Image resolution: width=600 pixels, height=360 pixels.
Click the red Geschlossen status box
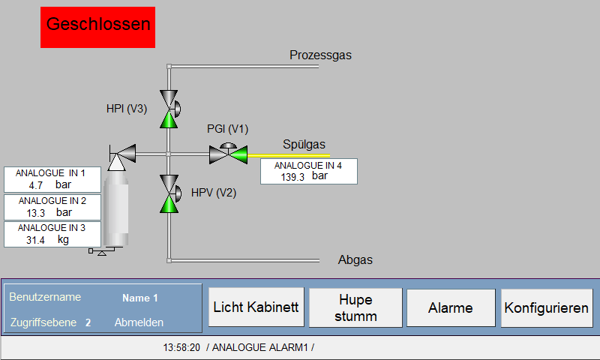click(x=97, y=27)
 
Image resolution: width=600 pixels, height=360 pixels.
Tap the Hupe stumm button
click(x=355, y=307)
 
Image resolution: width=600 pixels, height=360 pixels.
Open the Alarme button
click(x=451, y=307)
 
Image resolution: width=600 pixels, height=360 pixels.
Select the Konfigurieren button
click(x=547, y=307)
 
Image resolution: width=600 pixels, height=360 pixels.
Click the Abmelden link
click(x=139, y=322)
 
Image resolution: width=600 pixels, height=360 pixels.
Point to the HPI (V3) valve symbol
click(x=169, y=109)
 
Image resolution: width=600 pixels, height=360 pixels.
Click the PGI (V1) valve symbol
click(x=229, y=154)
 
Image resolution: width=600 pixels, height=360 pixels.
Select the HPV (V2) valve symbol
click(x=169, y=193)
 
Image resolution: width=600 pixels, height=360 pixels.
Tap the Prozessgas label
click(x=320, y=55)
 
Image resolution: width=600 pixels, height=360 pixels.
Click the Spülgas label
click(x=304, y=144)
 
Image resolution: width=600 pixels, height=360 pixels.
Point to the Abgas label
click(x=355, y=259)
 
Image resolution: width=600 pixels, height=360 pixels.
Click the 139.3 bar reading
click(x=304, y=176)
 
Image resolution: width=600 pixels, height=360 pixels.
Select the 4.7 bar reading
click(x=49, y=184)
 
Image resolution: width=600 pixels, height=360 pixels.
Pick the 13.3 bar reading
click(x=49, y=212)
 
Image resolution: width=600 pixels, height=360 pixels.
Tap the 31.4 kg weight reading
click(x=47, y=240)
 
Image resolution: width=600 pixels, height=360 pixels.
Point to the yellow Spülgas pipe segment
click(x=289, y=156)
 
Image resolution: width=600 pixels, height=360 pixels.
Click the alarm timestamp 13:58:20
click(x=181, y=347)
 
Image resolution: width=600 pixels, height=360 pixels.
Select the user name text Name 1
click(x=140, y=298)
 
